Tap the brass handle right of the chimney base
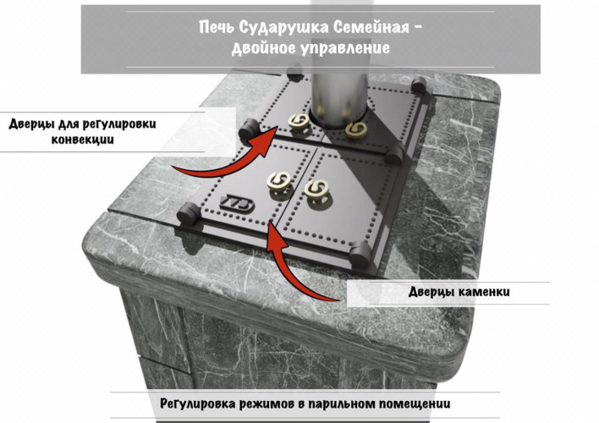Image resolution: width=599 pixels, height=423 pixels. pyautogui.click(x=357, y=129)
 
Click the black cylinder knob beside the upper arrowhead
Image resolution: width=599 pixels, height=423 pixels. pyautogui.click(x=248, y=129)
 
